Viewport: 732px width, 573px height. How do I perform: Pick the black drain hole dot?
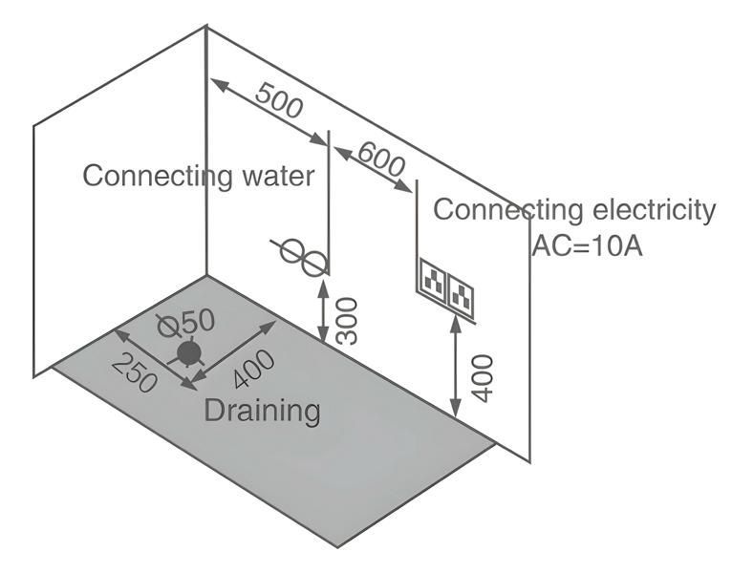tap(189, 354)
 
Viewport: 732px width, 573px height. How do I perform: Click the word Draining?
tap(263, 411)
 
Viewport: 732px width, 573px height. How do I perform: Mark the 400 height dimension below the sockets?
tap(484, 377)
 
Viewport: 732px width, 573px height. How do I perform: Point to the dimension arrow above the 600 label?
tap(374, 168)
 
